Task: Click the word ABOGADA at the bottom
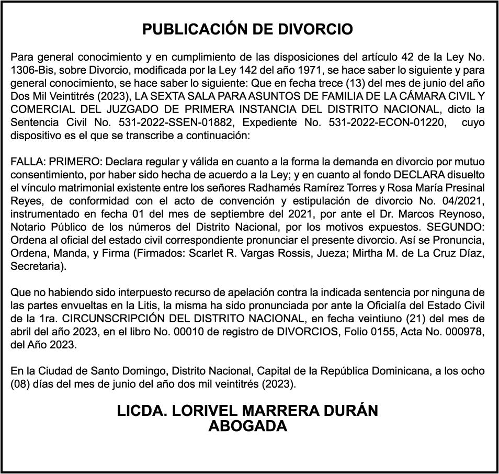[x=247, y=426]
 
